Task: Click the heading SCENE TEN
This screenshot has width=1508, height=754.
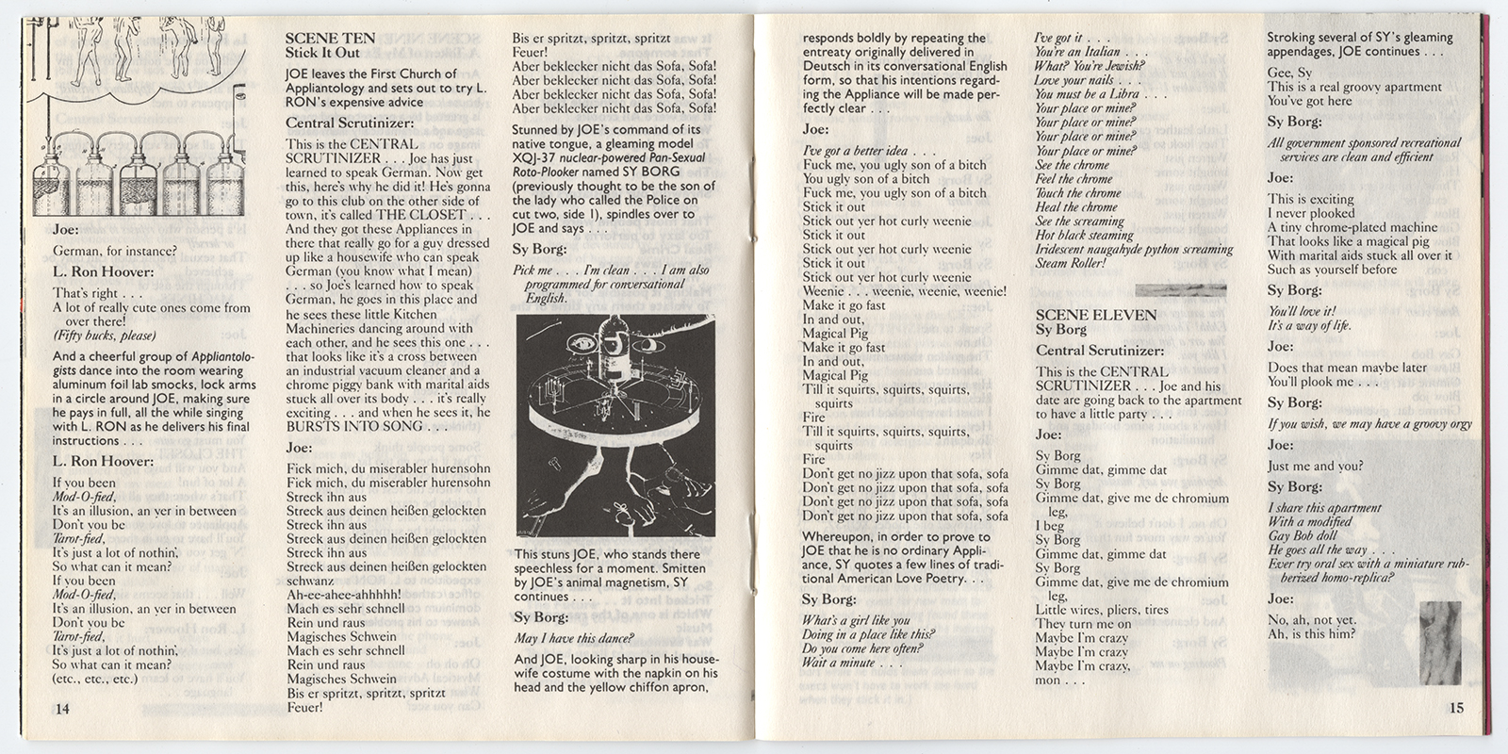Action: tap(330, 39)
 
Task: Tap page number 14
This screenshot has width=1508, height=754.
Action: tap(62, 709)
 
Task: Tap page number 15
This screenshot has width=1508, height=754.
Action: tap(1456, 708)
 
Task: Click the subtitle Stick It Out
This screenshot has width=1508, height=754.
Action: tap(322, 53)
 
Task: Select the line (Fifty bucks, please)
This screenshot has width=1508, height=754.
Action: tap(104, 336)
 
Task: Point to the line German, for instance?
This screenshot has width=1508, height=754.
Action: tap(114, 251)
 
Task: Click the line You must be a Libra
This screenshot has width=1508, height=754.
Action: tap(1099, 94)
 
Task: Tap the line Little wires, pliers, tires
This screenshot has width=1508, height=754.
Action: tap(1102, 610)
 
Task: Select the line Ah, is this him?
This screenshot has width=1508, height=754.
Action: tap(1312, 633)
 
